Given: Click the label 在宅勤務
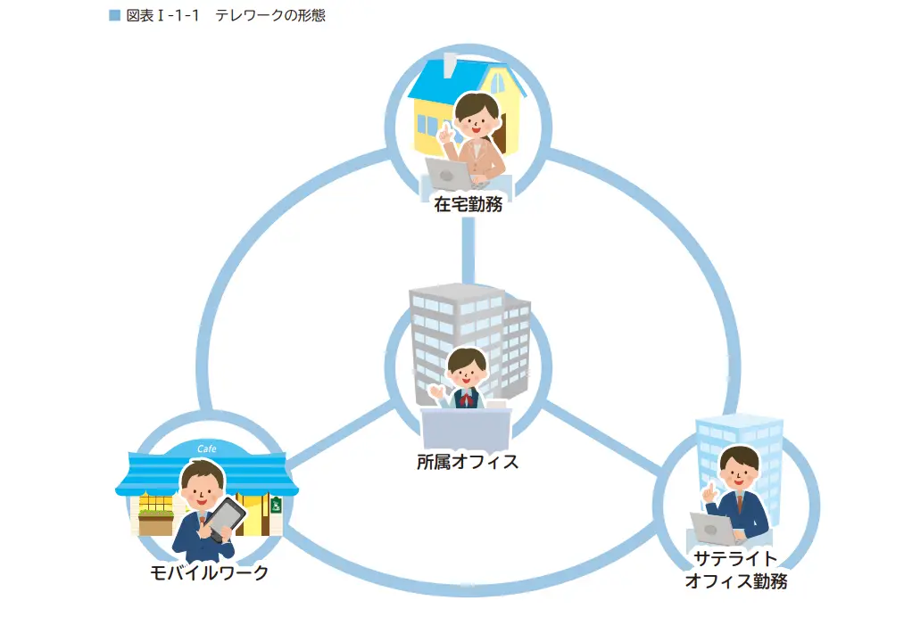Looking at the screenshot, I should click(468, 204).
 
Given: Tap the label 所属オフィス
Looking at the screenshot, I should click(468, 462).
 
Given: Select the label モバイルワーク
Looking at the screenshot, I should click(209, 572).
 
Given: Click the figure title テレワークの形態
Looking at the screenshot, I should click(270, 16).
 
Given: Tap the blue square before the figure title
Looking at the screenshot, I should click(114, 16).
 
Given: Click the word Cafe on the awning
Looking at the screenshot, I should click(206, 448).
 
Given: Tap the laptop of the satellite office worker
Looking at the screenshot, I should click(713, 529).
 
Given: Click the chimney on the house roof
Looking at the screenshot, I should click(451, 63).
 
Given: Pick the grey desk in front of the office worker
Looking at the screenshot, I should click(466, 428).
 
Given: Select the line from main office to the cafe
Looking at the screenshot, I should click(339, 437).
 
